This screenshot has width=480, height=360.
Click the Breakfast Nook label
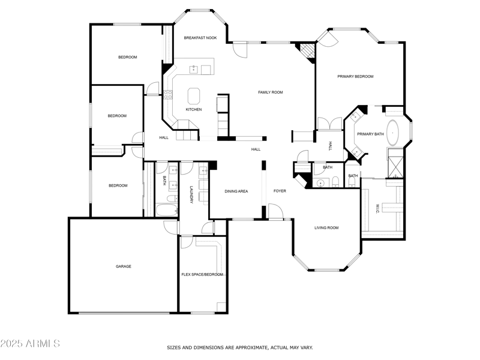click(x=200, y=38)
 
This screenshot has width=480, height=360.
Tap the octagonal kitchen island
click(x=194, y=96)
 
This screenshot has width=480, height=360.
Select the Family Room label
click(x=270, y=92)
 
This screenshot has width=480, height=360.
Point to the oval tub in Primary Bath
click(x=394, y=131)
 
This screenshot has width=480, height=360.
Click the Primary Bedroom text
click(x=355, y=77)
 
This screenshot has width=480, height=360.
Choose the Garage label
click(x=124, y=266)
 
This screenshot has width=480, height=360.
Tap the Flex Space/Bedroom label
click(x=202, y=274)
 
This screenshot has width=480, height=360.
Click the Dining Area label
click(x=236, y=191)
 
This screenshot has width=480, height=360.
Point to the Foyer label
click(x=280, y=191)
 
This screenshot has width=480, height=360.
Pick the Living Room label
click(x=326, y=228)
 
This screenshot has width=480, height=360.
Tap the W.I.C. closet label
click(x=377, y=208)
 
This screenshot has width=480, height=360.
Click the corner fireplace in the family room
click(x=308, y=52)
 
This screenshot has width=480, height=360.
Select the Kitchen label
click(x=193, y=110)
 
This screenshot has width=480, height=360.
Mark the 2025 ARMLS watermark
click(x=30, y=344)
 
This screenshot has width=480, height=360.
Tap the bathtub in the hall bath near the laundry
click(x=166, y=210)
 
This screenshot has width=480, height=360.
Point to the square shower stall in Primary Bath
click(x=395, y=166)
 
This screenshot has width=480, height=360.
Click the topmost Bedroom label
click(x=127, y=57)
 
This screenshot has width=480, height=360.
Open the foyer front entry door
click(x=275, y=211)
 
